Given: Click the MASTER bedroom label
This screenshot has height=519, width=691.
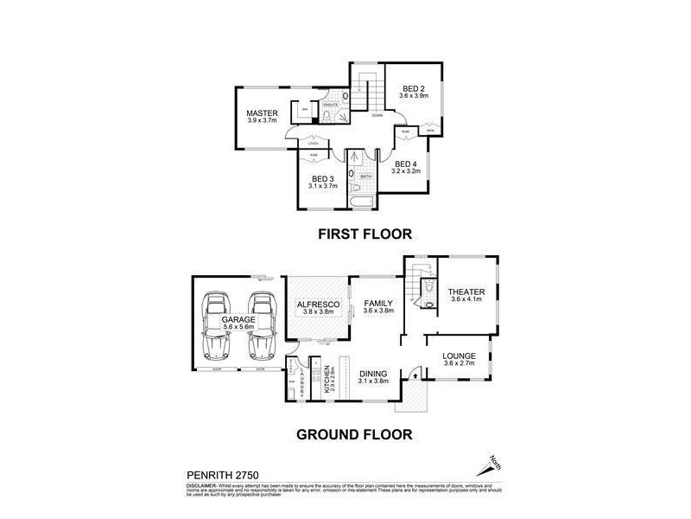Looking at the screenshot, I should point(260,113).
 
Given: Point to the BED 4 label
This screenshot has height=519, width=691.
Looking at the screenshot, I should point(405,163).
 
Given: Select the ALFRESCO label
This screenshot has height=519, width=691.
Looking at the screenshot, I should point(316,304).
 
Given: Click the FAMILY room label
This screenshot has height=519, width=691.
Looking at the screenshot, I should point(377,304).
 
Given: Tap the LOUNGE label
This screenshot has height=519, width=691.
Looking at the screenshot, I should point(459,355).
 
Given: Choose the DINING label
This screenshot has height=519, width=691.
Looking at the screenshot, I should point(374,373).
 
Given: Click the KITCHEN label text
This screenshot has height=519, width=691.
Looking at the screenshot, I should point(327,381).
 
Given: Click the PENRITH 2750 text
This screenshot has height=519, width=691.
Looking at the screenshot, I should point(222,475).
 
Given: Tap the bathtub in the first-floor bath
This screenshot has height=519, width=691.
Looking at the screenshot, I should point(360,202).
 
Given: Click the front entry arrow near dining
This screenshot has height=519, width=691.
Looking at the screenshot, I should point(413,375).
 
